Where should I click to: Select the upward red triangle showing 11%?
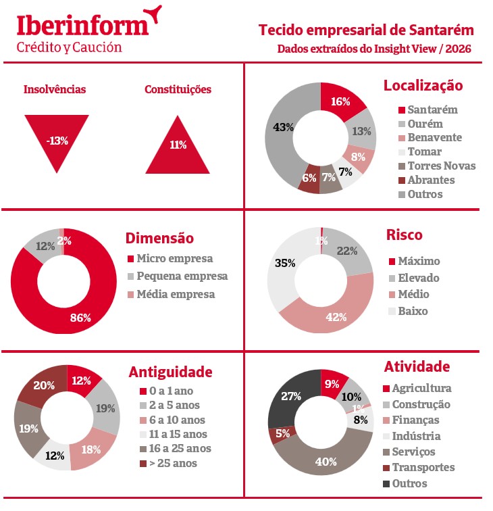point(178,148)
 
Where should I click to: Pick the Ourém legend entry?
point(425,123)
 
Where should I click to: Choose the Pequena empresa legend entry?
point(182,276)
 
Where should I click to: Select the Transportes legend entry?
point(423,467)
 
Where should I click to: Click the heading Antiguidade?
point(170,372)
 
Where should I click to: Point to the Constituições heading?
point(178,89)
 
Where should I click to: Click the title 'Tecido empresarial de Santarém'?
point(366,30)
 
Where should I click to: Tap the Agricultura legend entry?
point(421,389)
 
